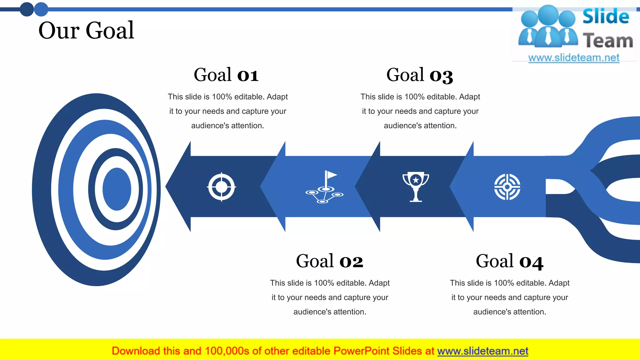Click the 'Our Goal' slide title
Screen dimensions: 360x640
[x=86, y=31]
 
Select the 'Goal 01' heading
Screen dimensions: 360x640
[x=226, y=75]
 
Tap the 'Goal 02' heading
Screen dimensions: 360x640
[x=329, y=261]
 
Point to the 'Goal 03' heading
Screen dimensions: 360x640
[x=419, y=75]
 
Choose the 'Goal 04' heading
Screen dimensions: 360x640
[x=509, y=261]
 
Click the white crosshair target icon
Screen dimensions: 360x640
[x=222, y=187]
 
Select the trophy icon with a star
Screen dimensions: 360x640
[x=416, y=187]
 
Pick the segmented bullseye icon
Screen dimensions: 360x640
[x=507, y=187]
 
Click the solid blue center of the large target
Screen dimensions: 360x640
[x=117, y=189]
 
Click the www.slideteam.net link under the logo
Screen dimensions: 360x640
[x=574, y=58]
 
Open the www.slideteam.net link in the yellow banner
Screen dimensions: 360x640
[x=482, y=351]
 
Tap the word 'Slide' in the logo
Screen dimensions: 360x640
[x=606, y=17]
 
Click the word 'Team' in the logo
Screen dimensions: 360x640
[x=608, y=41]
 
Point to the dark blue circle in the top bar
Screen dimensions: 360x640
[x=27, y=9]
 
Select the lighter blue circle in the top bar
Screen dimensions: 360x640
[x=41, y=9]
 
